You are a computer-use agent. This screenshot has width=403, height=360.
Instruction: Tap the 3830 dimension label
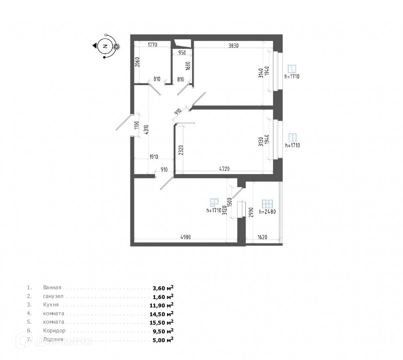pyautogui.click(x=233, y=46)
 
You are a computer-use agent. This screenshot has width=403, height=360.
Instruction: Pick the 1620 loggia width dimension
pyautogui.click(x=263, y=237)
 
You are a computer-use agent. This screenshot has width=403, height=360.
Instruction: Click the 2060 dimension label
pyautogui.click(x=137, y=62)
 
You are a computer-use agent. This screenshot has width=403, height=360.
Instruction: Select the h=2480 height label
pyautogui.click(x=267, y=211)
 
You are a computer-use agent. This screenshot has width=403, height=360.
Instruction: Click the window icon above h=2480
pyautogui.click(x=267, y=204)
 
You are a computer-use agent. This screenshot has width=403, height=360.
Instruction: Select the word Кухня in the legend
pyautogui.click(x=51, y=305)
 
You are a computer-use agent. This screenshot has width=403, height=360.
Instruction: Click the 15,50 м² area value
pyautogui.click(x=163, y=322)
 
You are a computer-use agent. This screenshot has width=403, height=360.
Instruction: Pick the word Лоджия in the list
pyautogui.click(x=53, y=339)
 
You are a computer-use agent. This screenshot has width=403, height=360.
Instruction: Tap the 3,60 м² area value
pyautogui.click(x=163, y=288)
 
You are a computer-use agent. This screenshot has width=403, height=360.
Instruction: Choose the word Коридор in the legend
pyautogui.click(x=54, y=331)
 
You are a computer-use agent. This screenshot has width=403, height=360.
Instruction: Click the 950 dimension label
pyautogui.click(x=182, y=52)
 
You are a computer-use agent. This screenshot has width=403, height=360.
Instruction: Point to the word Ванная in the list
pyautogui.click(x=52, y=287)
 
